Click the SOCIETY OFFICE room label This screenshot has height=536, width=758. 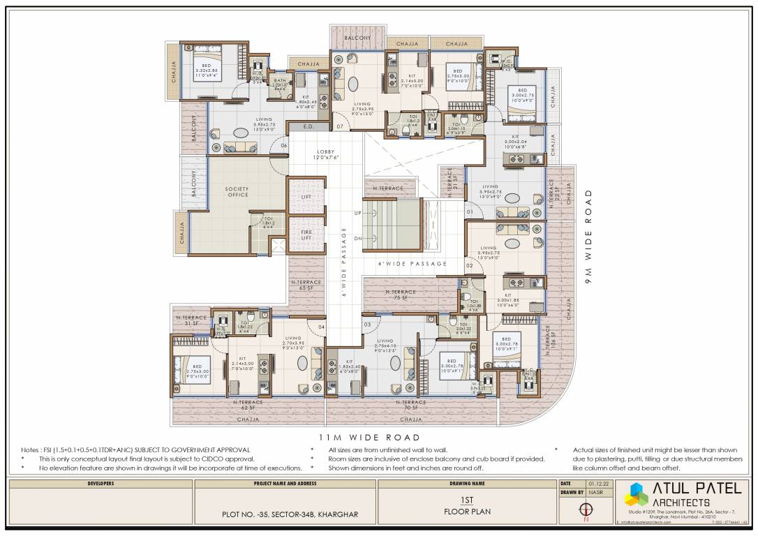(237, 192)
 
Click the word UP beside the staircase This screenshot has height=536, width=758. (357, 212)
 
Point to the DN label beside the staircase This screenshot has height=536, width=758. (357, 238)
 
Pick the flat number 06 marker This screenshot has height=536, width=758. (283, 145)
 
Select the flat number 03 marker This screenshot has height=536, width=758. (366, 325)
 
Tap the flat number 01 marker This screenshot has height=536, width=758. (470, 211)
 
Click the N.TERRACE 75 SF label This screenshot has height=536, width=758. (399, 295)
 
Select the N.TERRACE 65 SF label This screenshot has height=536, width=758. (306, 285)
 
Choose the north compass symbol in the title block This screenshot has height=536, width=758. (586, 510)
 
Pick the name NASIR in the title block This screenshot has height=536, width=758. (595, 493)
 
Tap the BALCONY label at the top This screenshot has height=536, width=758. (357, 38)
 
